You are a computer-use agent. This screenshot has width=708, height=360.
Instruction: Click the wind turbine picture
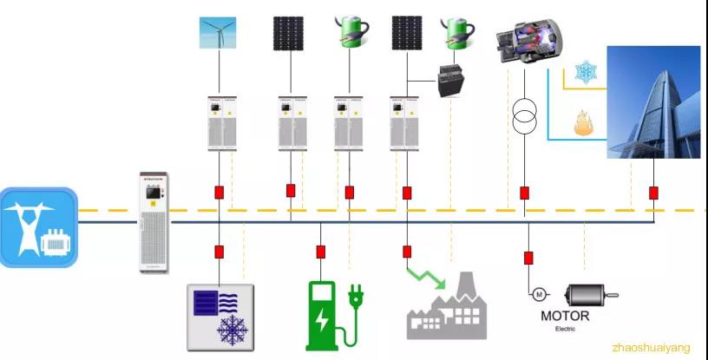[219, 33]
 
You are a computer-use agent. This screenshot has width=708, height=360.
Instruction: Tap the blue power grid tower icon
[38, 226]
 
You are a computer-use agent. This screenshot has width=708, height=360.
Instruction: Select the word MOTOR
[564, 316]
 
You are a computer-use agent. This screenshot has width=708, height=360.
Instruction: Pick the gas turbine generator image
[528, 43]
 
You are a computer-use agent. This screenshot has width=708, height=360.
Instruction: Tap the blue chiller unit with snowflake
[221, 315]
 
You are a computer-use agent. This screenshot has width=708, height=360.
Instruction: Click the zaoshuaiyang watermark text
[651, 348]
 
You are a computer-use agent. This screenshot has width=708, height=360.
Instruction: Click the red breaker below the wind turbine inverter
[219, 192]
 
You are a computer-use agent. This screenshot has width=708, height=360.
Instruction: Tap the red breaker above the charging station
[321, 252]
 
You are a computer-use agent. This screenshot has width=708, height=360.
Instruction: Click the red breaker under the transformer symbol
[524, 192]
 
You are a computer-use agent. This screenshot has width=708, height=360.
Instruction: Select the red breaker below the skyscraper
[653, 193]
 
